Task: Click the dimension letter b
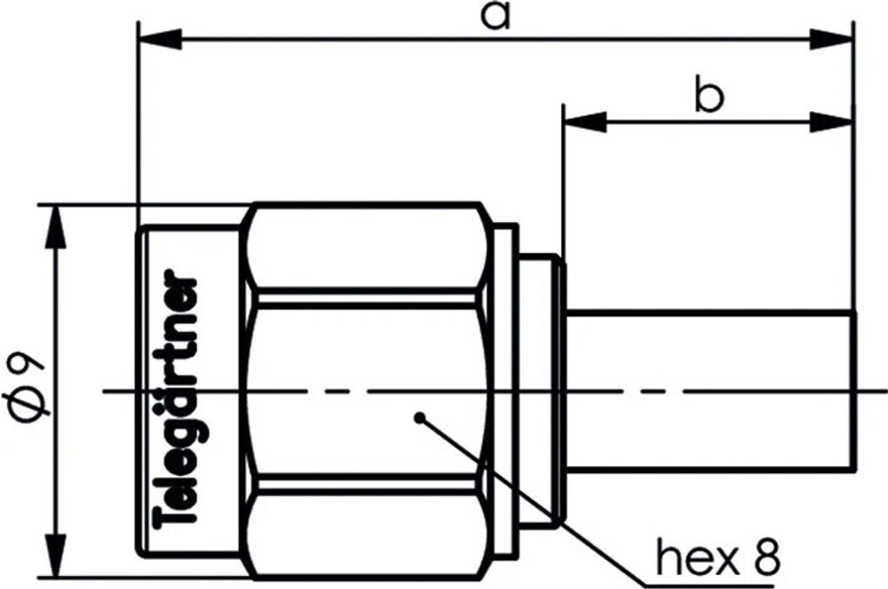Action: (708, 97)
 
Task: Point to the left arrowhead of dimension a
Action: (160, 39)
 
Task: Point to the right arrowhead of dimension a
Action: (832, 39)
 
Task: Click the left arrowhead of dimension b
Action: (584, 122)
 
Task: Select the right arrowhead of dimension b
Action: (832, 122)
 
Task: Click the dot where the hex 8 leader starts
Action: (420, 417)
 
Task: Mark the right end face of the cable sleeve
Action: (856, 391)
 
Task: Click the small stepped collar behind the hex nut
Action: (540, 391)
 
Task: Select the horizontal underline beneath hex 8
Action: (720, 581)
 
